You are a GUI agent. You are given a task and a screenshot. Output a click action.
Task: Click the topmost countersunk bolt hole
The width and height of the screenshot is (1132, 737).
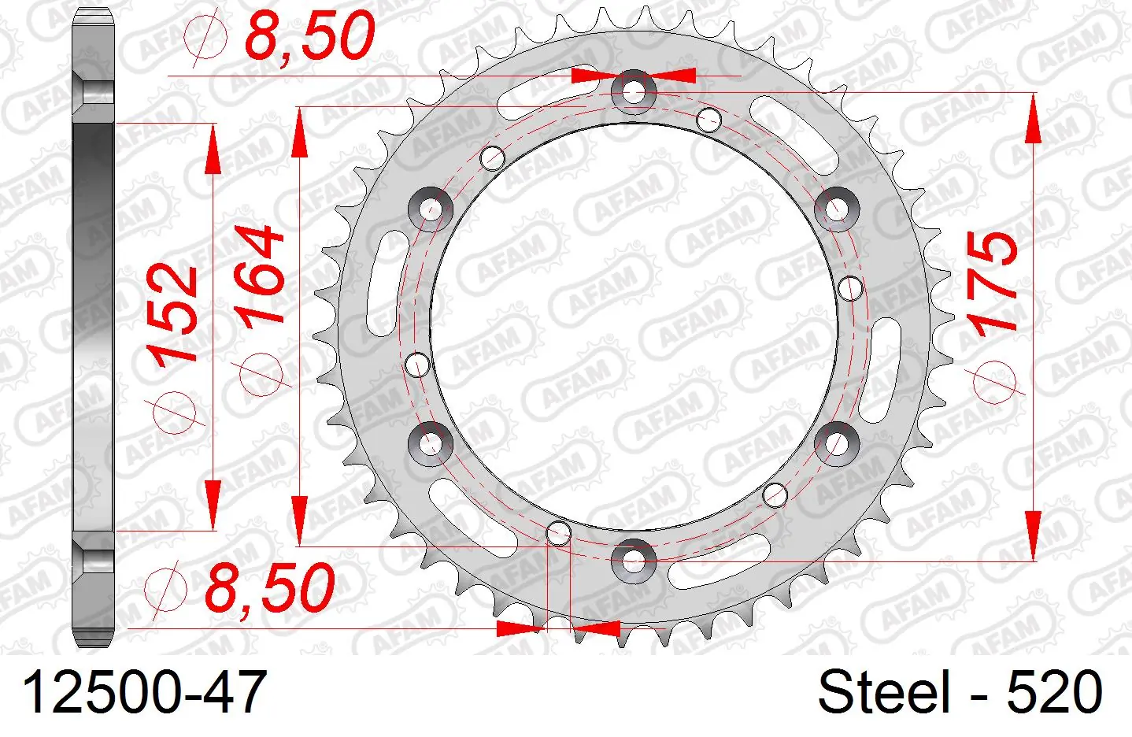pyautogui.click(x=634, y=92)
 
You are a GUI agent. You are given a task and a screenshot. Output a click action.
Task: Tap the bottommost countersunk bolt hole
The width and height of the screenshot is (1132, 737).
pyautogui.click(x=634, y=561)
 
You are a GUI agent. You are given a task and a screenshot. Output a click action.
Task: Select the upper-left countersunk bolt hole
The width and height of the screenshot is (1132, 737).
pyautogui.click(x=431, y=209)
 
